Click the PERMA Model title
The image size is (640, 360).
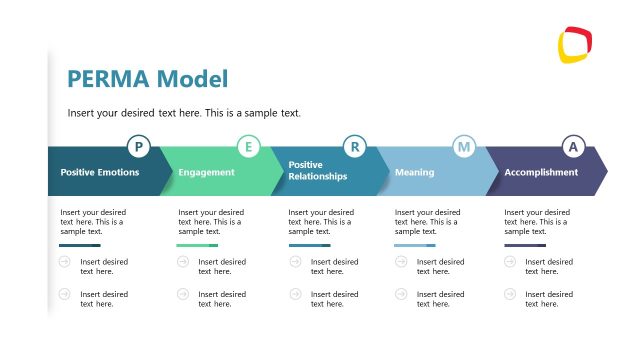tap(147, 79)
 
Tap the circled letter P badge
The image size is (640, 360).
tap(138, 148)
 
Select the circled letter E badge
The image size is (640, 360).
tap(248, 148)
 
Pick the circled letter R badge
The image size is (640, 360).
tap(354, 148)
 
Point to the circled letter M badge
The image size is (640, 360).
tap(463, 148)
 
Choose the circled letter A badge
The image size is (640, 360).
tap(573, 148)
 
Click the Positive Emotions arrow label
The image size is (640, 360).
tap(100, 172)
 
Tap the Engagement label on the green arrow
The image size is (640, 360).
tap(206, 172)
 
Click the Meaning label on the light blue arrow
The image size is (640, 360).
tap(414, 172)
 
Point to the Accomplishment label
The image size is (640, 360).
tap(541, 172)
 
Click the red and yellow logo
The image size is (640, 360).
tap(575, 45)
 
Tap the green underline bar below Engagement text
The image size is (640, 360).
tap(197, 245)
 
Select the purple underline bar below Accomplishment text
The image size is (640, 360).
tap(525, 245)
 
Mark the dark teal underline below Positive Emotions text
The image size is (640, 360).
tap(80, 245)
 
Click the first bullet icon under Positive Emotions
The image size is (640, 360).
tap(65, 262)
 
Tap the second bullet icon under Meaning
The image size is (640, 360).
tap(401, 294)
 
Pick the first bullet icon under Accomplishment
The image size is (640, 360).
tap(510, 262)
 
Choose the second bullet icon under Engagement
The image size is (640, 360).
tap(183, 294)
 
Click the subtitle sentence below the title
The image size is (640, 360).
tap(184, 113)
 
